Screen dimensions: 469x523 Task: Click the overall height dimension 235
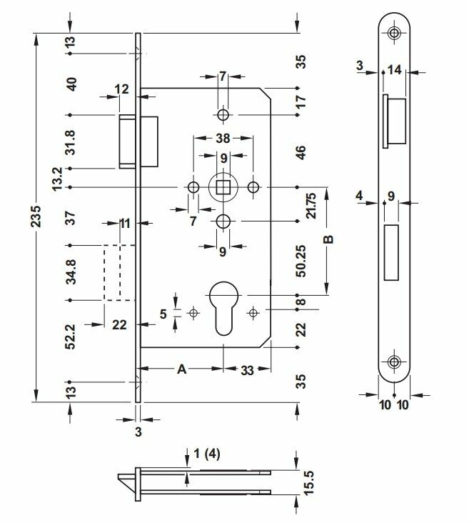click(x=36, y=216)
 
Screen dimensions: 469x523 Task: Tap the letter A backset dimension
click(x=181, y=369)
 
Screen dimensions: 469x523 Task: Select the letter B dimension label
click(x=328, y=239)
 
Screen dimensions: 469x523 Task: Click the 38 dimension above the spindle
click(x=223, y=138)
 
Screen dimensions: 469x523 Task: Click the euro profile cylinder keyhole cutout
click(x=223, y=308)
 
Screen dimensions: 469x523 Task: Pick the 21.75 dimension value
click(x=311, y=206)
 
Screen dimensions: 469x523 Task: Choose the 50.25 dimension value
click(x=301, y=261)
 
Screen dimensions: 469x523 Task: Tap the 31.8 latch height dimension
click(x=70, y=142)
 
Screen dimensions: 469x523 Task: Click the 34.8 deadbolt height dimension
click(x=71, y=272)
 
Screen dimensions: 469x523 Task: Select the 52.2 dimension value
click(x=71, y=337)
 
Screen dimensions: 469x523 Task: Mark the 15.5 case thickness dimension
click(x=309, y=483)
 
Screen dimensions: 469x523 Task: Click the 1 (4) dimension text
click(x=207, y=454)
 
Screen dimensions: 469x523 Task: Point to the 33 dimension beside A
click(x=247, y=370)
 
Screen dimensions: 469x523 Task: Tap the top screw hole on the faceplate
click(x=394, y=33)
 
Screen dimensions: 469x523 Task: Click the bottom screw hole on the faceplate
click(x=394, y=362)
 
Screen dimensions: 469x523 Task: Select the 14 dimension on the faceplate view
click(x=394, y=70)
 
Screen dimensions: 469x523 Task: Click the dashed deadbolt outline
click(x=104, y=273)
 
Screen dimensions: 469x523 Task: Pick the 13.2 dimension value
click(x=57, y=179)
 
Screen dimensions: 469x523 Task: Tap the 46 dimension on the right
click(x=301, y=152)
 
